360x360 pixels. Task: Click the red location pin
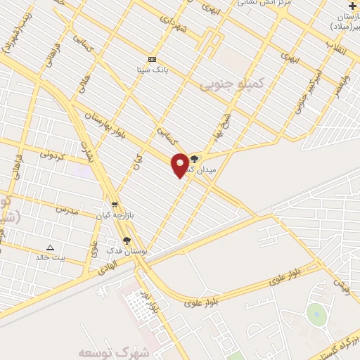tap(180, 164)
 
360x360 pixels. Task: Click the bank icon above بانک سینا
tap(153, 59)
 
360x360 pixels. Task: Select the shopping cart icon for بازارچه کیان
tap(115, 205)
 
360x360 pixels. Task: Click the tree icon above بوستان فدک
tap(127, 241)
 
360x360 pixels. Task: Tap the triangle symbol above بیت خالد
tap(50, 247)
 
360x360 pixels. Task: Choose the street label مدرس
tap(65, 210)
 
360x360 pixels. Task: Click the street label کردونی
tap(52, 153)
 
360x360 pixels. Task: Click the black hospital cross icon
tap(352, 6)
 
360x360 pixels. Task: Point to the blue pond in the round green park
tap(316, 314)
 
